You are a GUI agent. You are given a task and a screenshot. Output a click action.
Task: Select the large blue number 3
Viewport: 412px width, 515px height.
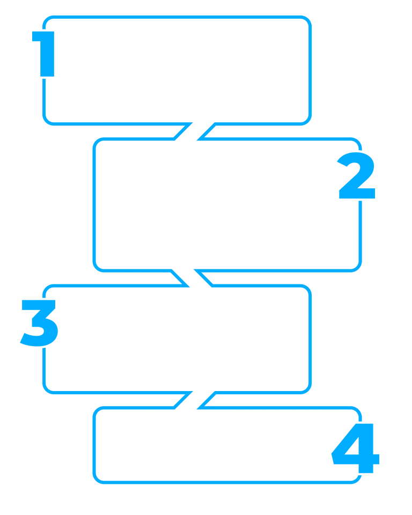click(x=39, y=321)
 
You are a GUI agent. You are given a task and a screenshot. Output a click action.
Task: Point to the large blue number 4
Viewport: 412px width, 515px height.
click(x=355, y=448)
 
